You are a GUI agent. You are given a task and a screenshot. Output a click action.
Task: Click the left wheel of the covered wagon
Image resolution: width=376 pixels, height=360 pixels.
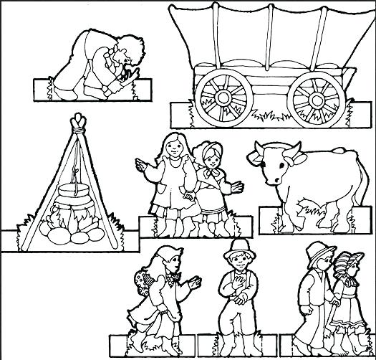tap(226, 96)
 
